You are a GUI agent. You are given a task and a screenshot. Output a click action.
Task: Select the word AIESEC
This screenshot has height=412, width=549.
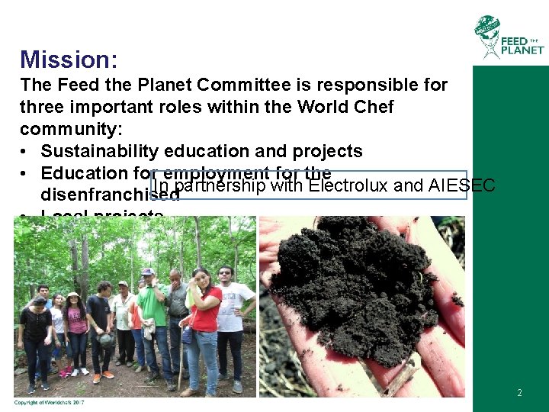[x=462, y=185]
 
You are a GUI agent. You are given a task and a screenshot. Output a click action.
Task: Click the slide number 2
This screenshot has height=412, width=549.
[x=519, y=393]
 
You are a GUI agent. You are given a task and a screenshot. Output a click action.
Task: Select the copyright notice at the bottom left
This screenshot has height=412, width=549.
[x=49, y=403]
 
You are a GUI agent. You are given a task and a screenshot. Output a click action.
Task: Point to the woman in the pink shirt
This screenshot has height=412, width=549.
[x=75, y=328]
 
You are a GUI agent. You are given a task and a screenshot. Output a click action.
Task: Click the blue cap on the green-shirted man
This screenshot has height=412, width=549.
[x=148, y=272]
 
